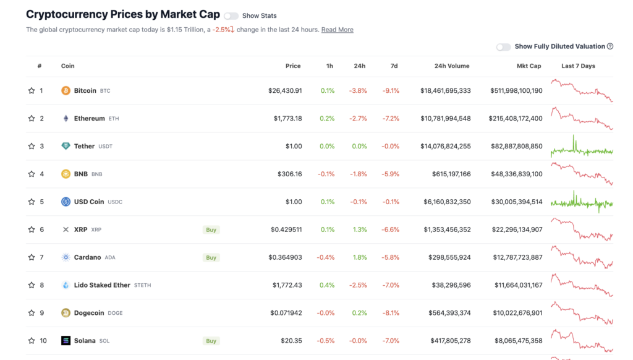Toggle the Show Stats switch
(231, 16)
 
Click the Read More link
(337, 30)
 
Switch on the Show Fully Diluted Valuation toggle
(503, 47)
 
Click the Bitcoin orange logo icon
(66, 91)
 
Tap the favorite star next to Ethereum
(32, 119)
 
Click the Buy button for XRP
(211, 230)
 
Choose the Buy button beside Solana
(211, 341)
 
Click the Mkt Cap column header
(529, 66)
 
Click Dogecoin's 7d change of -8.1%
(391, 313)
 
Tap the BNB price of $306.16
(289, 174)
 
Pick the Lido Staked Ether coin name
(102, 285)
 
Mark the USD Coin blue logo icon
(66, 202)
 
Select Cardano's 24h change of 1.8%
(359, 257)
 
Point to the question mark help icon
(610, 46)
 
